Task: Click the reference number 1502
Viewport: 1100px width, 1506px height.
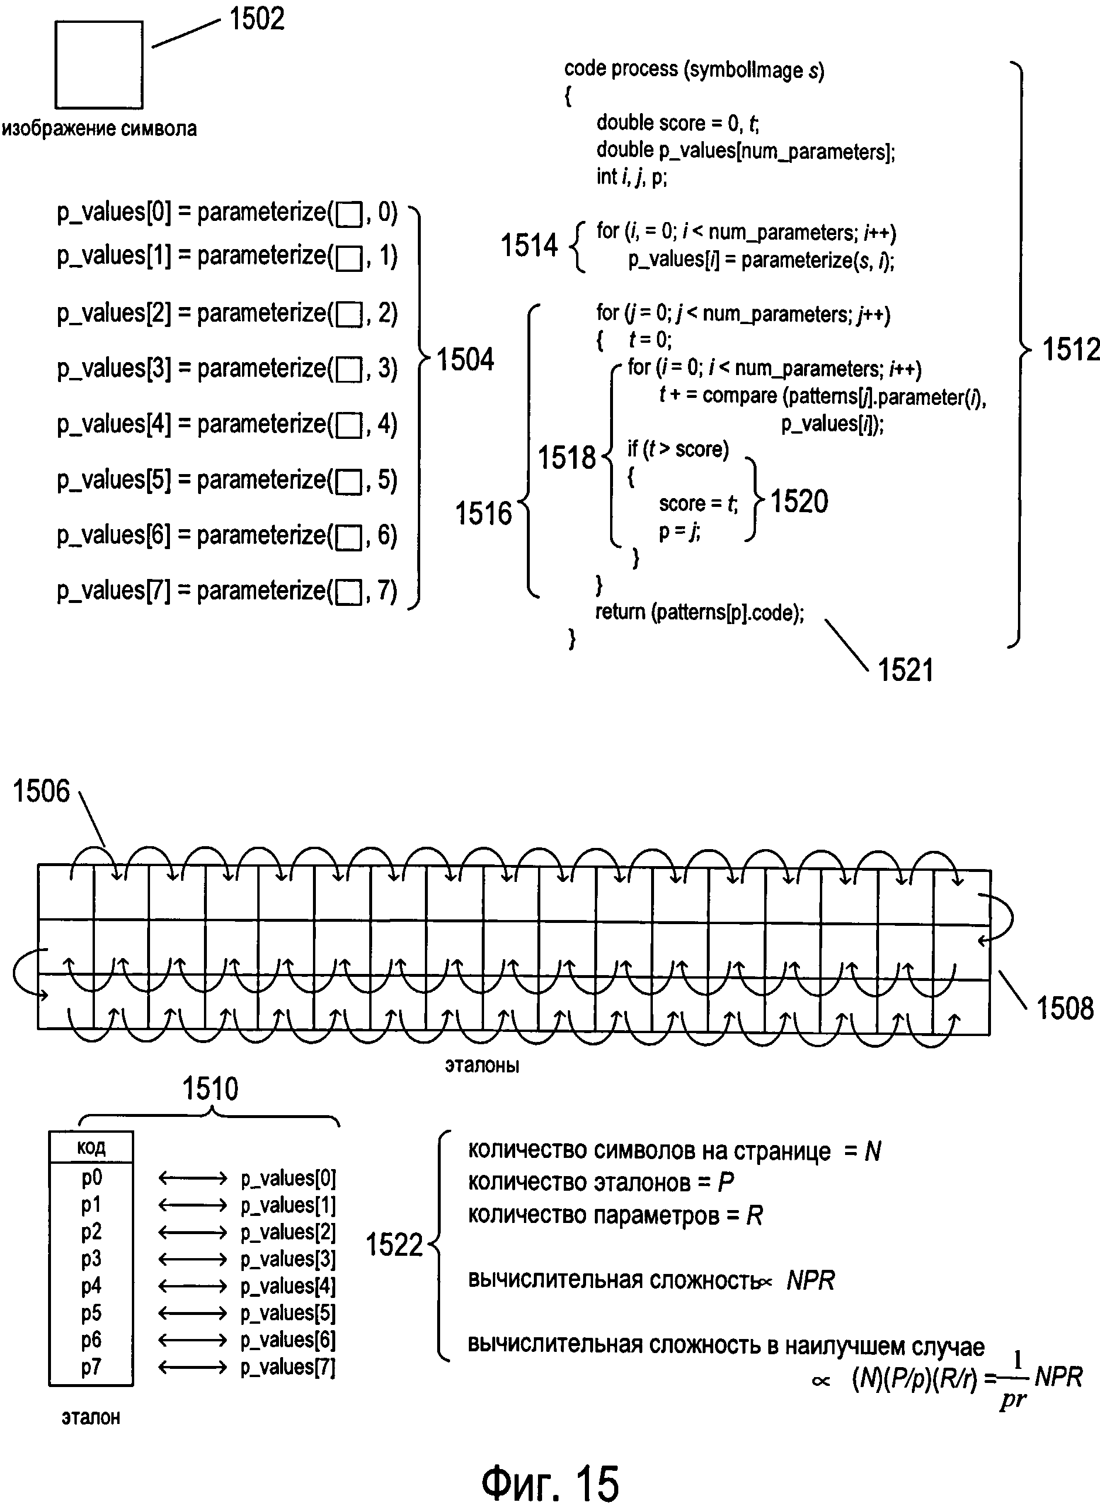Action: pos(256,19)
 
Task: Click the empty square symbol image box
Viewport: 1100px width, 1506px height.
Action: pos(98,64)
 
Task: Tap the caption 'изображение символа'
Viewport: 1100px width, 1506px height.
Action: pos(99,128)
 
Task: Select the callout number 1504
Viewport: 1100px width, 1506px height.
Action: pos(465,360)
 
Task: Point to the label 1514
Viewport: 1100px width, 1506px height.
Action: pos(529,245)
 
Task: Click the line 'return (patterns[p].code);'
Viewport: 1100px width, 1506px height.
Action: pos(699,612)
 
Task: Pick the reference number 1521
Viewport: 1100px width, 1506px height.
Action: pos(905,670)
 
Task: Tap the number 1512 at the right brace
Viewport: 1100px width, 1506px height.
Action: pos(1070,349)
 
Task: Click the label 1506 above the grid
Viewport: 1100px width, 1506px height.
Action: pos(41,791)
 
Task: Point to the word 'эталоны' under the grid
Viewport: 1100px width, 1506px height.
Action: pos(481,1065)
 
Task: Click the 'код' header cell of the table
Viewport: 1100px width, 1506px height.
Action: pos(91,1147)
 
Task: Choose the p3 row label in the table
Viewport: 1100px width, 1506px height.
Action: pos(91,1259)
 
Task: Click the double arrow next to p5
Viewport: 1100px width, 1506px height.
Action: pos(192,1314)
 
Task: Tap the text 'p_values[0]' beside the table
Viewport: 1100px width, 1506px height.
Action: pos(288,1178)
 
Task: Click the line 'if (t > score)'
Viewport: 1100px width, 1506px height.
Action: pos(678,449)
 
